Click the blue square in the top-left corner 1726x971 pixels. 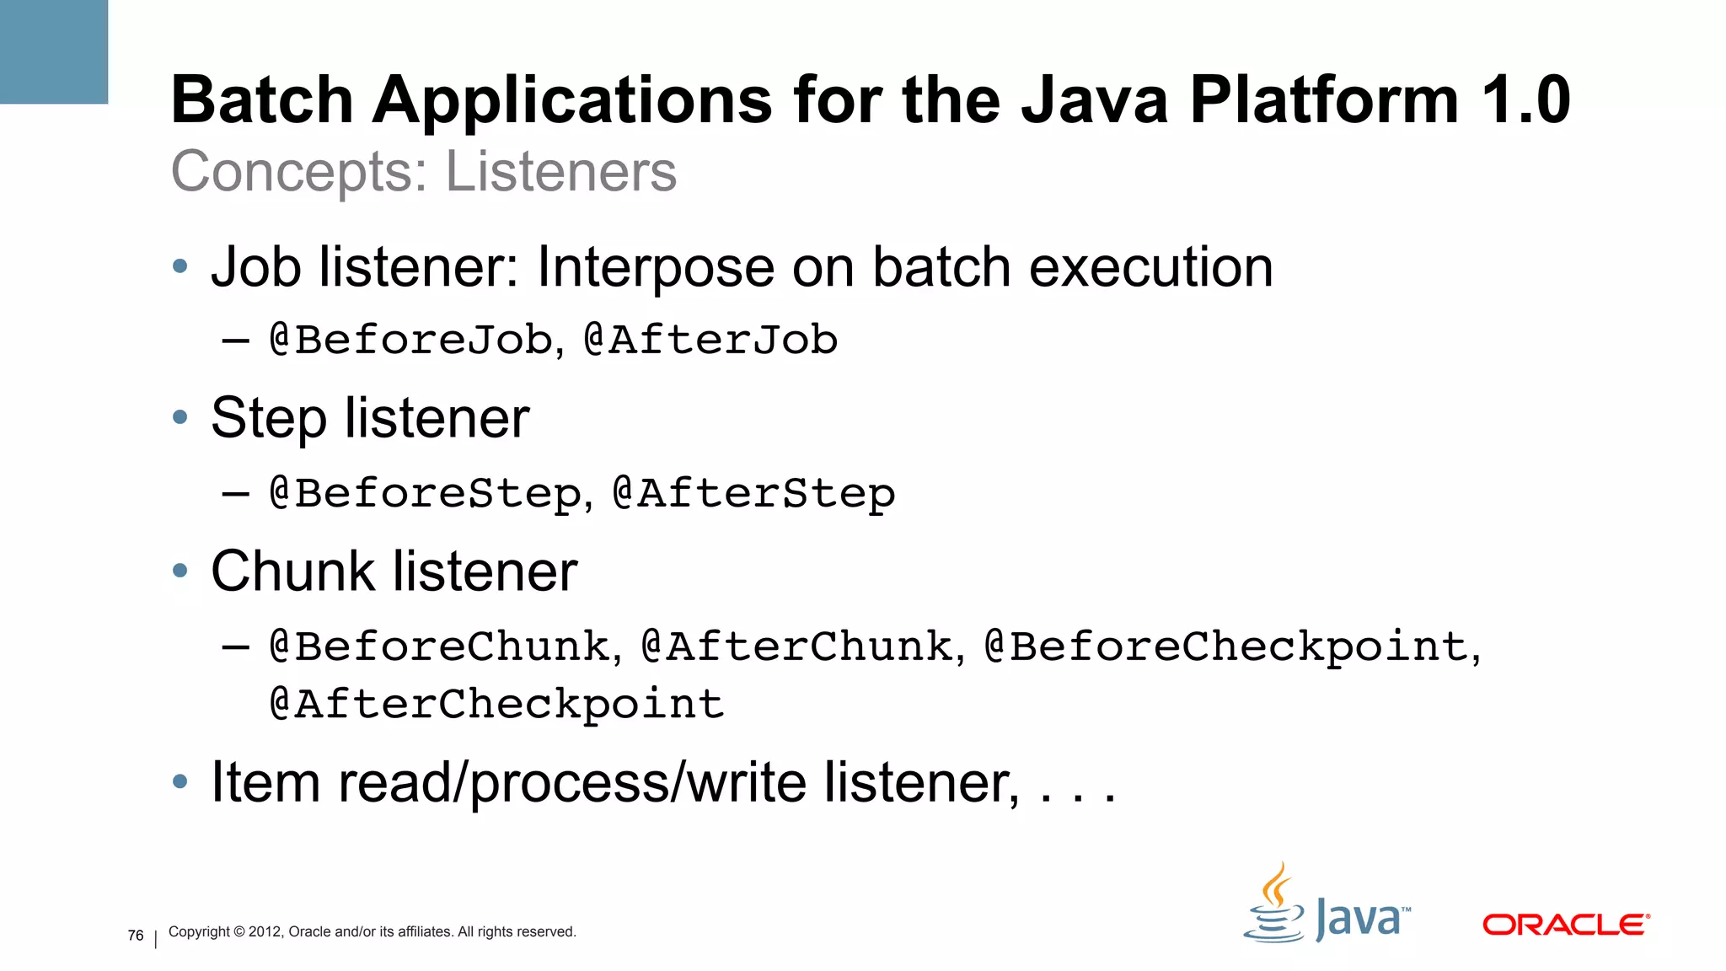pyautogui.click(x=53, y=51)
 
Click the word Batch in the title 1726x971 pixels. pyautogui.click(x=261, y=100)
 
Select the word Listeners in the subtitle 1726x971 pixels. pyautogui.click(x=560, y=172)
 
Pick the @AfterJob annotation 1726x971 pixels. pyautogui.click(x=710, y=340)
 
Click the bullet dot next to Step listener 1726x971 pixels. pyautogui.click(x=180, y=417)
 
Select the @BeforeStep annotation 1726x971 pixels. pyautogui.click(x=426, y=493)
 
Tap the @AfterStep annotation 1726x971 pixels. pyautogui.click(x=753, y=493)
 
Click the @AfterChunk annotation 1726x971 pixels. pyautogui.click(x=797, y=646)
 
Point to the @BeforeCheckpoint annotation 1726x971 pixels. pyautogui.click(x=1226, y=646)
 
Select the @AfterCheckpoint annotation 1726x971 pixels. pyautogui.click(x=497, y=704)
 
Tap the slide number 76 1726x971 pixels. pyautogui.click(x=136, y=936)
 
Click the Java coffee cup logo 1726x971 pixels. pyautogui.click(x=1275, y=906)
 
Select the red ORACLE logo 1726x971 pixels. pyautogui.click(x=1565, y=925)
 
